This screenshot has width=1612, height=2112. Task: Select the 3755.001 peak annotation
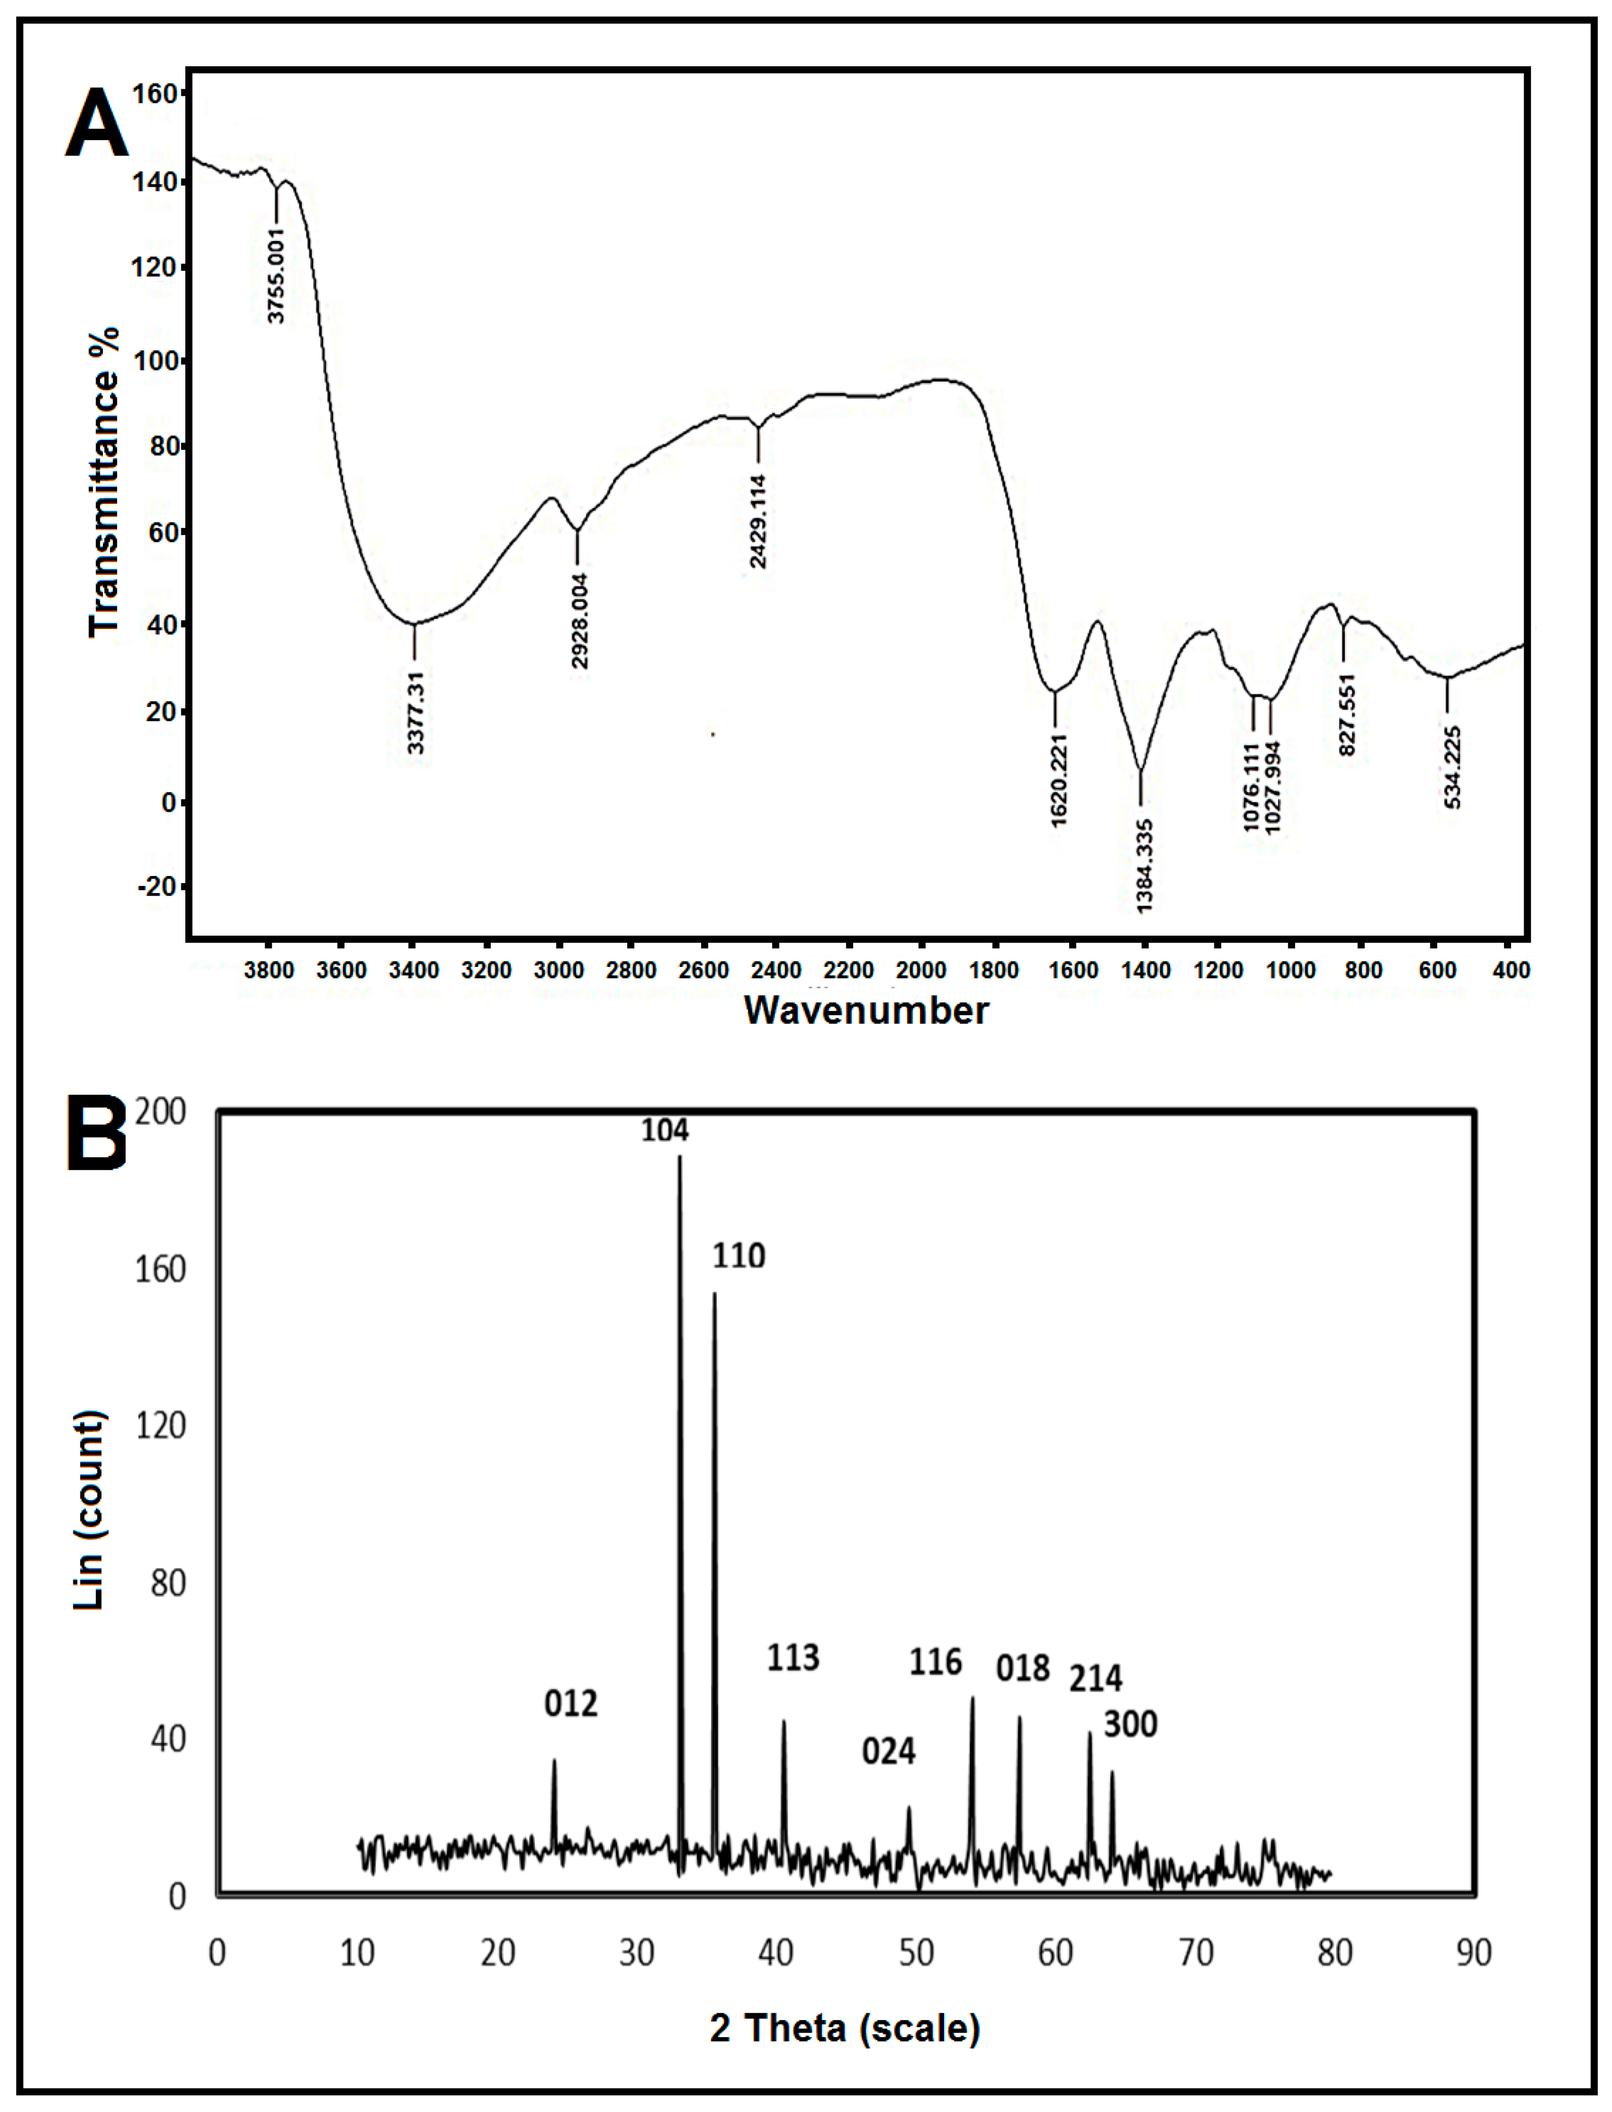(x=276, y=275)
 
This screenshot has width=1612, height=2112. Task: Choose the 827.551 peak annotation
(x=1347, y=714)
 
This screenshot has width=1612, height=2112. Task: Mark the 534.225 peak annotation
(x=1453, y=767)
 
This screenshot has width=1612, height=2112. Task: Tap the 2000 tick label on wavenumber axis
(x=920, y=970)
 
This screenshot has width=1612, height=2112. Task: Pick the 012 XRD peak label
(x=571, y=1703)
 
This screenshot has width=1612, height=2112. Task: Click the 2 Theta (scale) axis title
(x=844, y=2028)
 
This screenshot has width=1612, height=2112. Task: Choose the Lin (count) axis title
(x=89, y=1510)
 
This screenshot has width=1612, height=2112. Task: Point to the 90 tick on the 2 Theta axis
(x=1473, y=1953)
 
